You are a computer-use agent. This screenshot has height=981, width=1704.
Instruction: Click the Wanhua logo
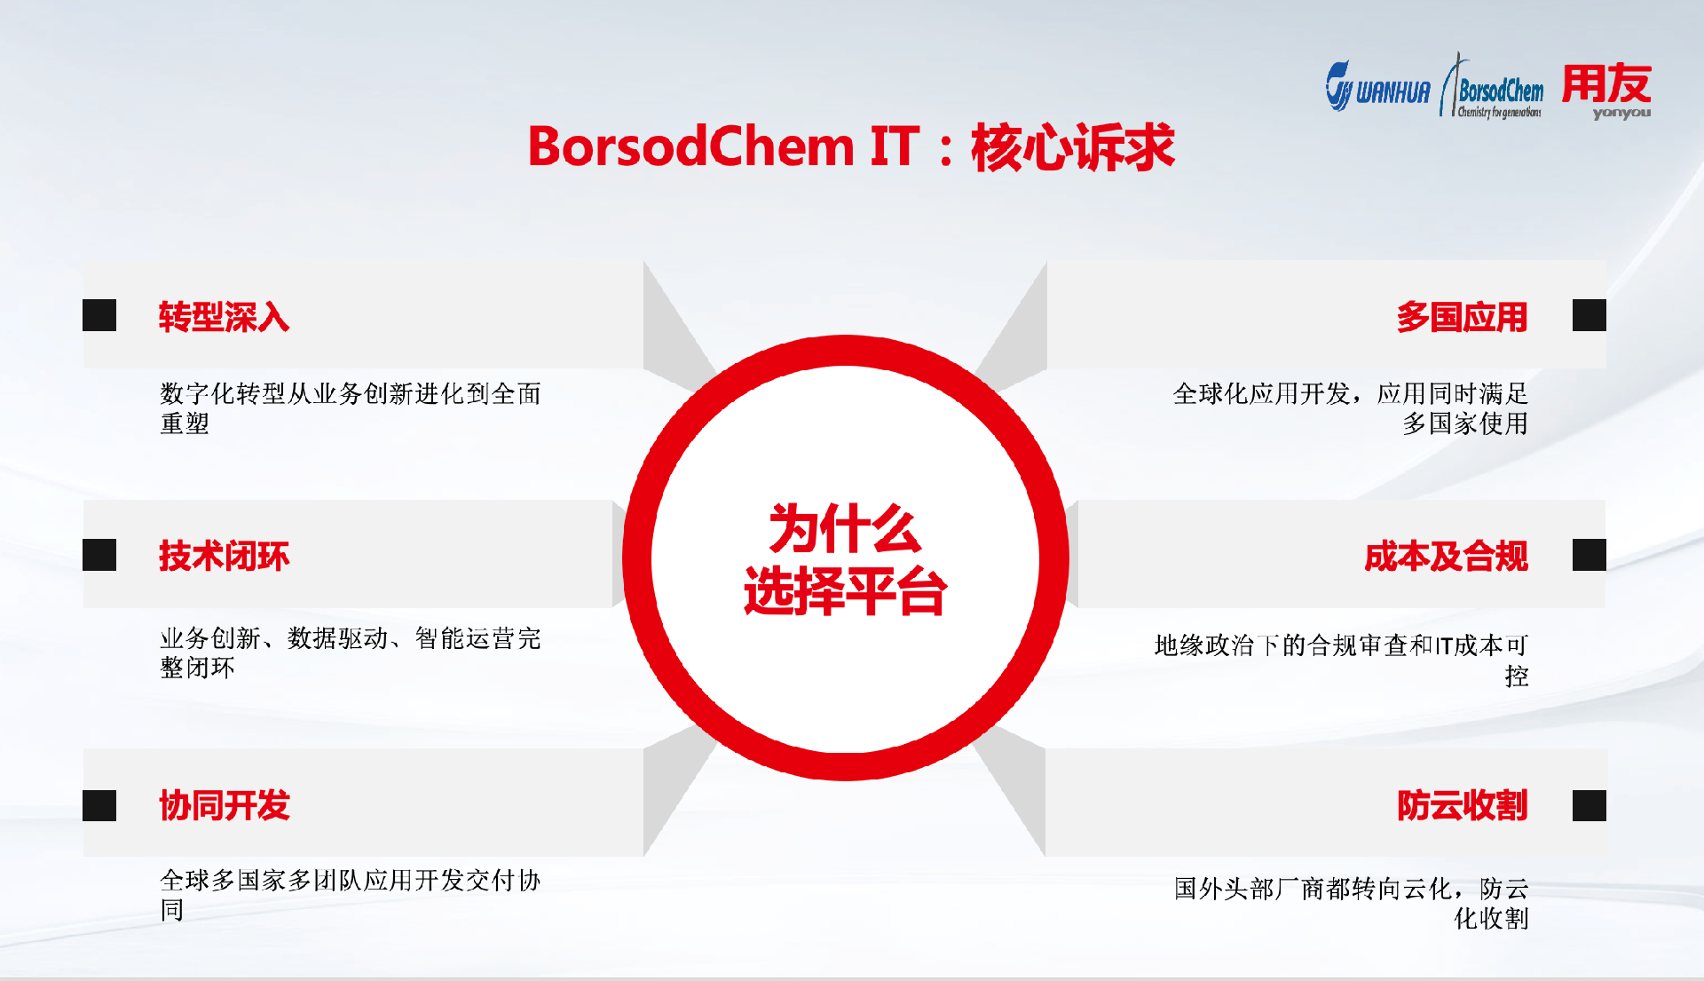point(1377,87)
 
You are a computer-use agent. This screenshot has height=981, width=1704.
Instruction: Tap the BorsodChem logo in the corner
point(1493,90)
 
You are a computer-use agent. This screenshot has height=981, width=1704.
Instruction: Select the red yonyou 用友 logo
point(1607,89)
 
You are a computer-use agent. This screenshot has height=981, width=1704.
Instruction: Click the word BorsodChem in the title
point(690,146)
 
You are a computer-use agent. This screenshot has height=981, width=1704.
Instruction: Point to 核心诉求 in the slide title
point(1073,146)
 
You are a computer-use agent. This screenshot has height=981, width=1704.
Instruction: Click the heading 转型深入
point(224,317)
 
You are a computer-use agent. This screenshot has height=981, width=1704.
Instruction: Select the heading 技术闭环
point(224,557)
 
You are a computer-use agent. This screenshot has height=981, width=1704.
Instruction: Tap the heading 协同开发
point(224,805)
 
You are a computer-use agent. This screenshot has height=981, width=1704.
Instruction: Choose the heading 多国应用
point(1462,317)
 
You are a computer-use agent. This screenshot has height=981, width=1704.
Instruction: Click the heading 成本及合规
point(1446,557)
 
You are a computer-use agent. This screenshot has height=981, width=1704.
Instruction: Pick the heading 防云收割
point(1462,805)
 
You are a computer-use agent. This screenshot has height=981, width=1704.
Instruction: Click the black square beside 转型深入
point(99,315)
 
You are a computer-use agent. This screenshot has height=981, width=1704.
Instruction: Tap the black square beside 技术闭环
point(99,555)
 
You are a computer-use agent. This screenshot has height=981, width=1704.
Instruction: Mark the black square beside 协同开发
point(99,805)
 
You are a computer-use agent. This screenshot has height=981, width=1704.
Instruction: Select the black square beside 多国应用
point(1589,315)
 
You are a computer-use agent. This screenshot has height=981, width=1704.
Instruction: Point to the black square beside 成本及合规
point(1589,555)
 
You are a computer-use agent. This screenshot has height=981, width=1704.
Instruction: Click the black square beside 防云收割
point(1589,805)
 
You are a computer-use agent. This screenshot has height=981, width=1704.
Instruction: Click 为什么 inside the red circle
point(844,529)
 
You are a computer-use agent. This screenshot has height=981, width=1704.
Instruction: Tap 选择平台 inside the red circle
point(845,591)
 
